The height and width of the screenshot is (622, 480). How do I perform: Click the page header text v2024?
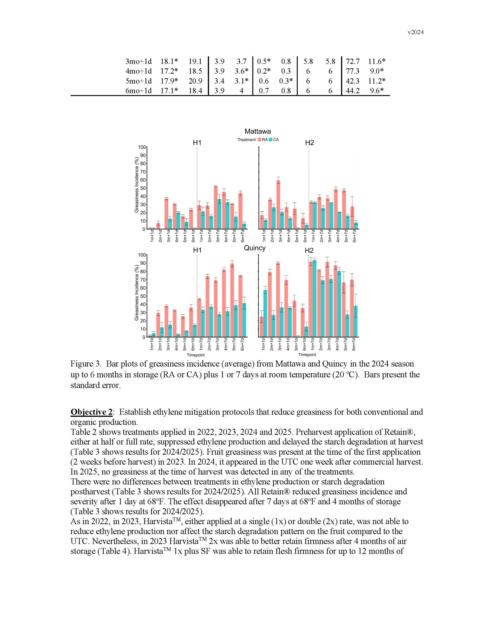point(415,33)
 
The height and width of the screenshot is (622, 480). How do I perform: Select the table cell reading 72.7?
point(352,61)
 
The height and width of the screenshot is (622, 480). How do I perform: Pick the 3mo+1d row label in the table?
point(138,61)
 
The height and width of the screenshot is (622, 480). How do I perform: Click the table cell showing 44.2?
point(352,91)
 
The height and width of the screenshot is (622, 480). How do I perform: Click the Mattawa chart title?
point(258,132)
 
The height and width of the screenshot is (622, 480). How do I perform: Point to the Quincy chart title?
point(255,248)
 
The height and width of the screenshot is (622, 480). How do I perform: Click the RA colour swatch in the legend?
point(260,140)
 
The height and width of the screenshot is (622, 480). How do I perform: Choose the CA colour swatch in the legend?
point(271,140)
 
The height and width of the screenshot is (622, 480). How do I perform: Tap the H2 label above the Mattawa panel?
point(309,143)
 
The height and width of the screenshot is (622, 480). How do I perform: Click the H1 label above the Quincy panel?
point(197,250)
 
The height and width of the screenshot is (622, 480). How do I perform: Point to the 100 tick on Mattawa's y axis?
point(142,147)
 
